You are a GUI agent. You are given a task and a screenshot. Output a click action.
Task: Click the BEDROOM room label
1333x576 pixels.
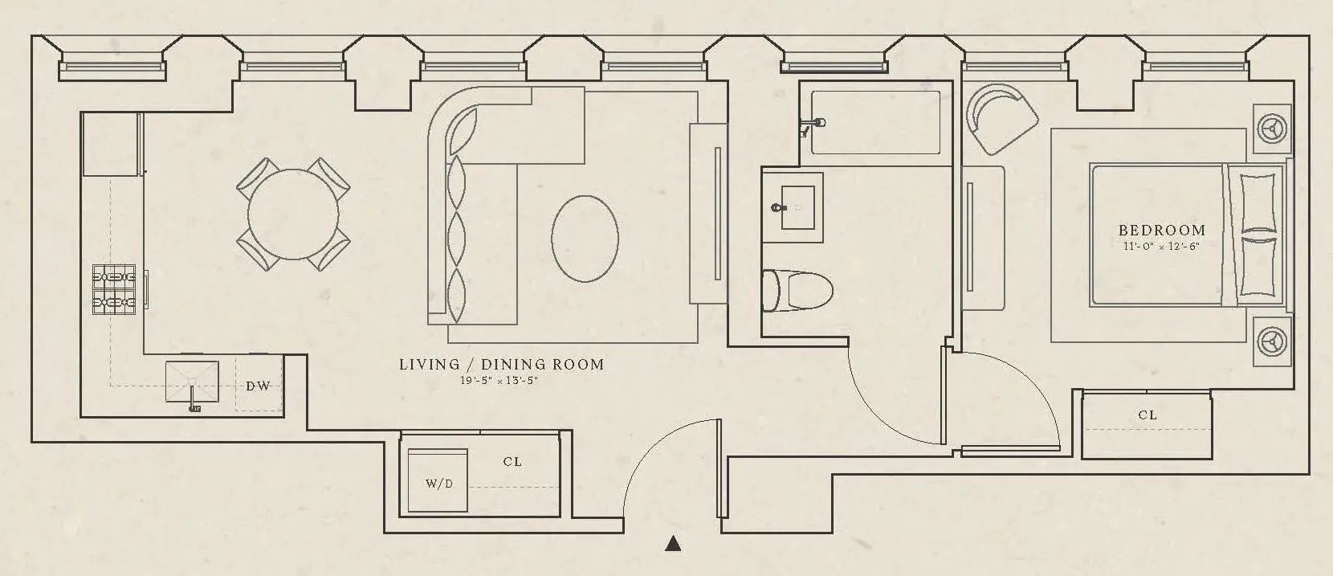pyautogui.click(x=1162, y=231)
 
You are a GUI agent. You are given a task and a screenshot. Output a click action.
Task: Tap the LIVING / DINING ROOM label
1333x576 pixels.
pyautogui.click(x=501, y=365)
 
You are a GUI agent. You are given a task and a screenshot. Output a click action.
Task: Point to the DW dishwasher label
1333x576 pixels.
pyautogui.click(x=258, y=386)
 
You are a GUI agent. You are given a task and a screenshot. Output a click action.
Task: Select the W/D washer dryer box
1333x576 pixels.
pyautogui.click(x=438, y=480)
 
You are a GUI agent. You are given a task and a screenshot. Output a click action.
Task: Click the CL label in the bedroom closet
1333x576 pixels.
pyautogui.click(x=1148, y=415)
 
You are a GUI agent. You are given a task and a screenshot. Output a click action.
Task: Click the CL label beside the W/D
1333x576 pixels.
pyautogui.click(x=512, y=462)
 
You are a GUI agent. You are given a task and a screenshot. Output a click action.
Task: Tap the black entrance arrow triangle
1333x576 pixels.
pyautogui.click(x=673, y=545)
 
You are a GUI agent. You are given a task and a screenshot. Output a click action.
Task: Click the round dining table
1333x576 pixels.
pyautogui.click(x=293, y=214)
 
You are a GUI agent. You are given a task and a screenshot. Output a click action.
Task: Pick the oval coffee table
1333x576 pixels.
pyautogui.click(x=585, y=237)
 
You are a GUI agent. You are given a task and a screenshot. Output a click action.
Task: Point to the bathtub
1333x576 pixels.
pyautogui.click(x=875, y=121)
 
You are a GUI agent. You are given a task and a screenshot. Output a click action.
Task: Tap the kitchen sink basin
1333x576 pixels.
pyautogui.click(x=192, y=382)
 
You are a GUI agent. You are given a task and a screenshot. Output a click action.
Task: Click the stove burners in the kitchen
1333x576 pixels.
pyautogui.click(x=113, y=290)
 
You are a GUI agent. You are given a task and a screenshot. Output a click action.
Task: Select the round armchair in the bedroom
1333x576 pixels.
pyautogui.click(x=1000, y=118)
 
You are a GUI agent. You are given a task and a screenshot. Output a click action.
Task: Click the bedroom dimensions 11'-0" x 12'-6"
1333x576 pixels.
pyautogui.click(x=1161, y=247)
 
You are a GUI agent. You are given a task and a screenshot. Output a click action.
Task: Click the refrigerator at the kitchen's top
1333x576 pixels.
pyautogui.click(x=110, y=145)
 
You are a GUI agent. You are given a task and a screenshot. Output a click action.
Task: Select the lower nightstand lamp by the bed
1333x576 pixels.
pyautogui.click(x=1273, y=341)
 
